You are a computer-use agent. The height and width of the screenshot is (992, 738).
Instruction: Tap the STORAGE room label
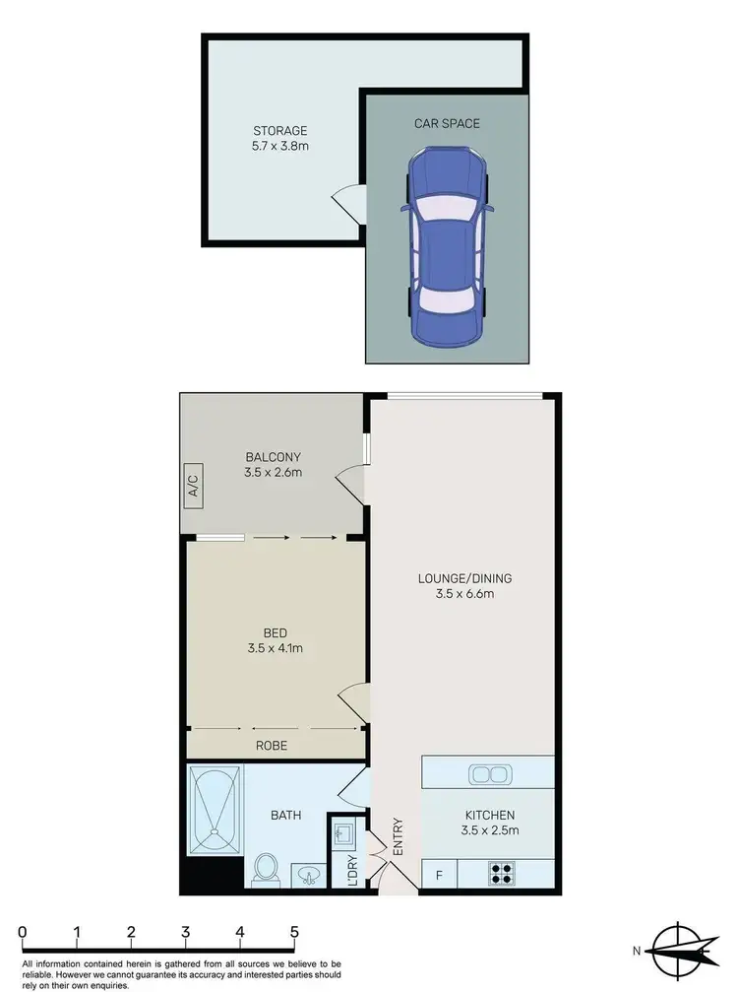click(x=280, y=130)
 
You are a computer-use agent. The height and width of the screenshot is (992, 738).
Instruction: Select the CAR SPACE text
click(x=447, y=124)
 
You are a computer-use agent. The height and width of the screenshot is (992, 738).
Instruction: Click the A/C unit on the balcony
click(x=193, y=486)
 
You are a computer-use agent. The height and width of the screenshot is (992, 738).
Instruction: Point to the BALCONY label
click(x=273, y=457)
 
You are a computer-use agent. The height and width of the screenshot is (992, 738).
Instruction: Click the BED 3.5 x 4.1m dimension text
click(x=275, y=647)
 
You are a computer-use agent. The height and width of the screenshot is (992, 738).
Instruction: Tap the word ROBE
click(x=272, y=746)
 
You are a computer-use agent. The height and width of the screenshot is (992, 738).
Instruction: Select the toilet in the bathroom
click(x=266, y=868)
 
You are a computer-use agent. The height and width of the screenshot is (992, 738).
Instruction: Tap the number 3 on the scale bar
click(x=185, y=932)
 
